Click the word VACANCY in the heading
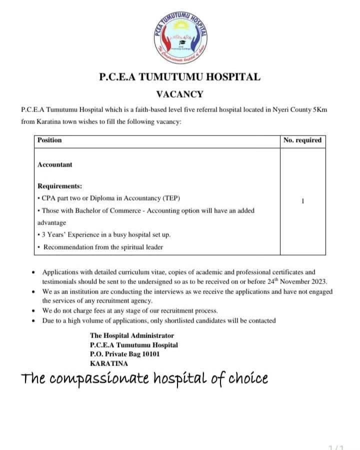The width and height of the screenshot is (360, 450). click(x=180, y=93)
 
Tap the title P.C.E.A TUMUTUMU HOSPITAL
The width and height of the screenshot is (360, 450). click(x=180, y=77)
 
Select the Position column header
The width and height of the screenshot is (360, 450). click(x=49, y=140)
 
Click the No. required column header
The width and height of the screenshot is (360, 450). click(x=302, y=140)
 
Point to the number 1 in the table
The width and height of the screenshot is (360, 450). click(x=303, y=201)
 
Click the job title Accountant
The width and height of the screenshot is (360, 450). click(x=55, y=164)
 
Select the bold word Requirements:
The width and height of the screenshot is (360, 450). click(x=60, y=186)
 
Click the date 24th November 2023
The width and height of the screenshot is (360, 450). click(x=300, y=281)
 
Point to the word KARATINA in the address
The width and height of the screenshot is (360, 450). click(x=109, y=363)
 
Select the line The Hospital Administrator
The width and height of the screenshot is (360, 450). click(x=132, y=336)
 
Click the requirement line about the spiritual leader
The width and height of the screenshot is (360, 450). click(x=103, y=247)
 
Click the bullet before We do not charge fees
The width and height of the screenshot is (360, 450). click(x=33, y=311)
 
